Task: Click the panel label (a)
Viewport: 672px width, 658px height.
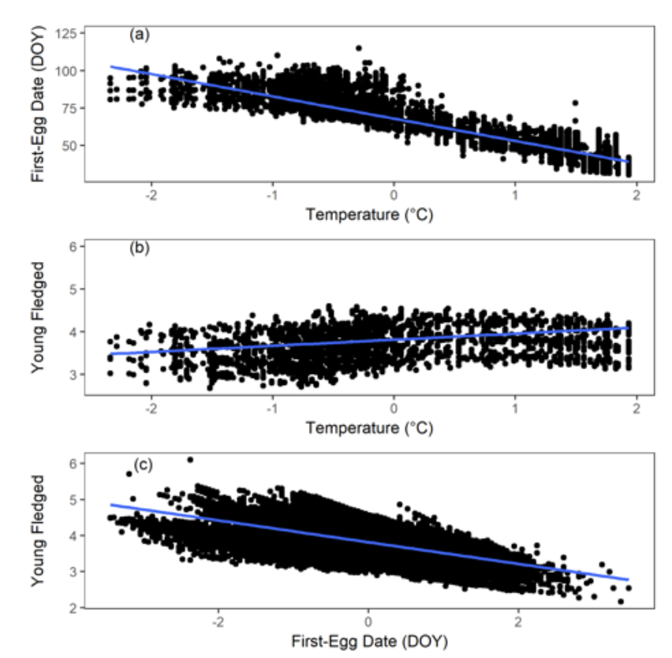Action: tap(140, 35)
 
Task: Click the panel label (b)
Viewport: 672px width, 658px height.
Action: tap(140, 249)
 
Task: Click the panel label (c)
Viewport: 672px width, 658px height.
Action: tap(140, 465)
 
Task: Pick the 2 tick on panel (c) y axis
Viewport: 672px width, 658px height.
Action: tap(72, 608)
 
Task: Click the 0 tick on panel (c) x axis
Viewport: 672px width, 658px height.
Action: tap(368, 619)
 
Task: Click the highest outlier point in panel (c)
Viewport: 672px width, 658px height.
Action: tap(190, 459)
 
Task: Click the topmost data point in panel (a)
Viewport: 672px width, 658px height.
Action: tap(359, 48)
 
